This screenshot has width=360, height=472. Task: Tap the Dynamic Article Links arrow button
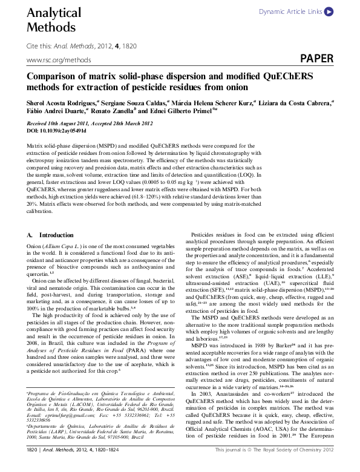click(x=328, y=11)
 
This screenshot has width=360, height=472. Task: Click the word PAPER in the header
click(x=316, y=59)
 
